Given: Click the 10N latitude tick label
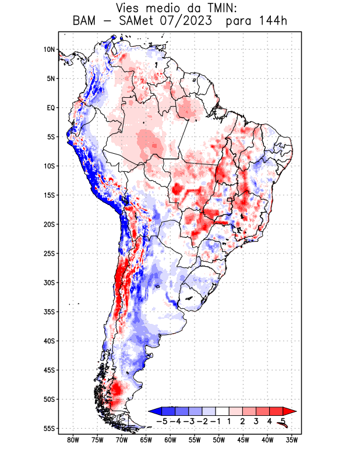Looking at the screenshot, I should point(49,50).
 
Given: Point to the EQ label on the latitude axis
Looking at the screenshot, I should point(50,108).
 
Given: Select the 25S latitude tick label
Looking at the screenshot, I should point(49,253).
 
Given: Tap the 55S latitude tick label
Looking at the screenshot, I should point(49,429).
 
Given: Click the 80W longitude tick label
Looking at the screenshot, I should point(73,440).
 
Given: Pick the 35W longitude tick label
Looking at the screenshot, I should point(292,440).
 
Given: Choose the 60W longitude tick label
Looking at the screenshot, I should point(170,440).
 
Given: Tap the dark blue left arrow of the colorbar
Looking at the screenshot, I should point(155,411).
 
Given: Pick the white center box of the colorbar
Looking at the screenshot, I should point(222,411).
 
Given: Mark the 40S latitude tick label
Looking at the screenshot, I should point(49,341).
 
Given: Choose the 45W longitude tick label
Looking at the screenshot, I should point(243,440).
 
